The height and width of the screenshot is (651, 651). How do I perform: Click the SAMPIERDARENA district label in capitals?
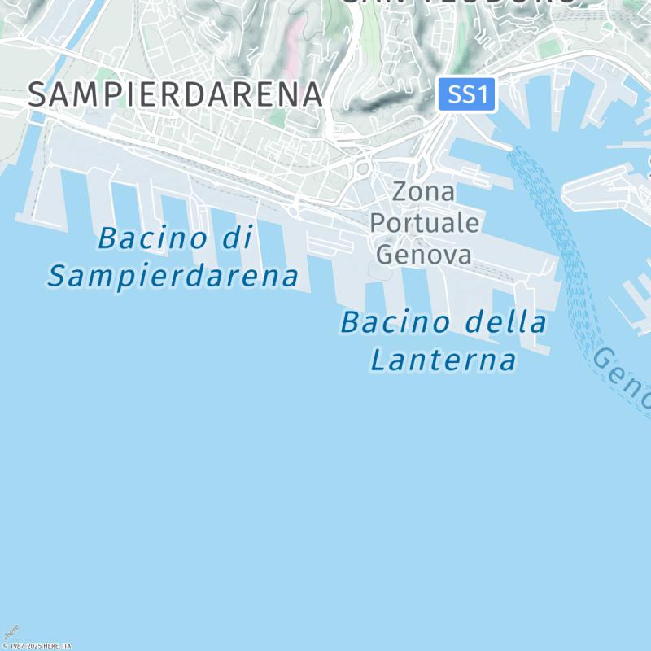pyautogui.click(x=176, y=94)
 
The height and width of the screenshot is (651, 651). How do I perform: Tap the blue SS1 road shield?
pyautogui.click(x=467, y=95)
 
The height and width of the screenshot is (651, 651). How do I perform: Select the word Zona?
pyautogui.click(x=423, y=193)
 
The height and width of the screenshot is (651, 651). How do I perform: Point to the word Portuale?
pyautogui.click(x=424, y=224)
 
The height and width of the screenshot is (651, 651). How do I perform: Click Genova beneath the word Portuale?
pyautogui.click(x=424, y=255)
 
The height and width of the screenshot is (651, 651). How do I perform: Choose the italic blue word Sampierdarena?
pyautogui.click(x=173, y=277)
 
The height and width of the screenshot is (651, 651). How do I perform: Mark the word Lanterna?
pyautogui.click(x=443, y=360)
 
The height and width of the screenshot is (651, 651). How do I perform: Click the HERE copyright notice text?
pyautogui.click(x=37, y=645)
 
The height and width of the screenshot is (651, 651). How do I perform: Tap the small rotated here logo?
pyautogui.click(x=11, y=632)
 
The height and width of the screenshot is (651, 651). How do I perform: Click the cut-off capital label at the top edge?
pyautogui.click(x=460, y=3)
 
